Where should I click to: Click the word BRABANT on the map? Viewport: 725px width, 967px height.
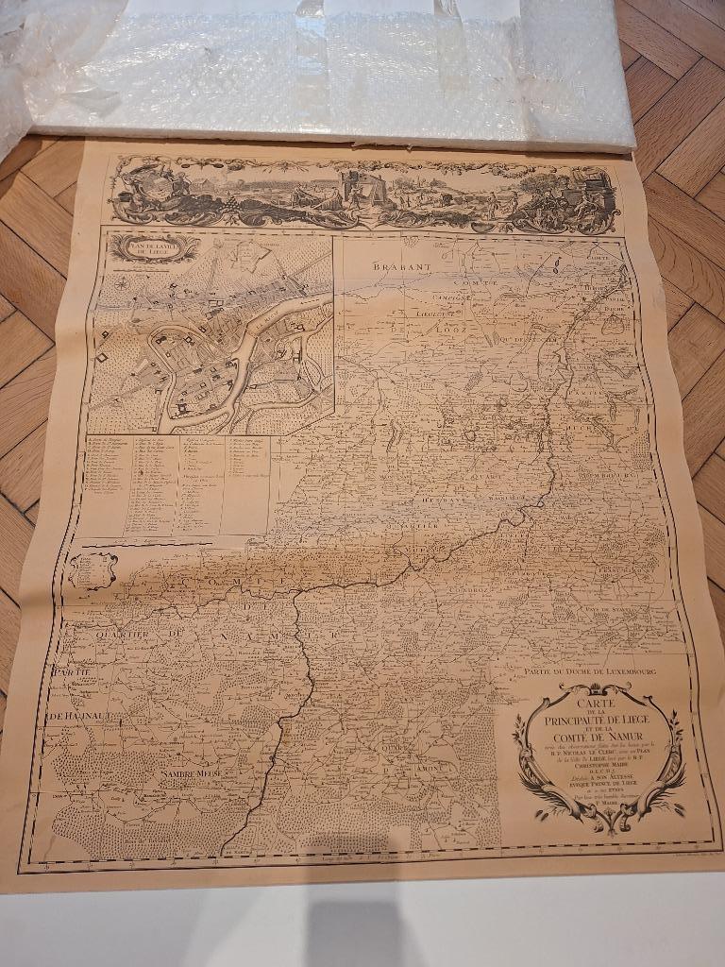(x=401, y=267)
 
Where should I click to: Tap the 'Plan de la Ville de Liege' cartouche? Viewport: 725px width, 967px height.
(x=154, y=248)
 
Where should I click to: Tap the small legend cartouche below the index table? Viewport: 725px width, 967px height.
(x=92, y=569)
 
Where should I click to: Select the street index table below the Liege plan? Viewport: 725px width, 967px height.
(x=179, y=483)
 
